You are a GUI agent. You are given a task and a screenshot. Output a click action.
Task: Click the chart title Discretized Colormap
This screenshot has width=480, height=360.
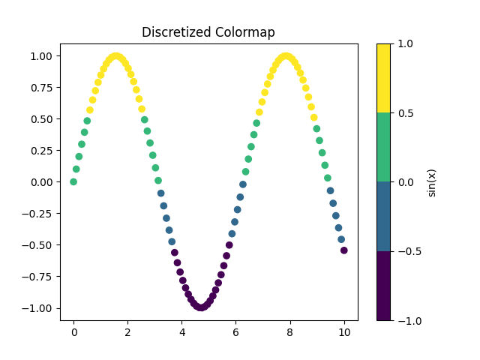(208, 32)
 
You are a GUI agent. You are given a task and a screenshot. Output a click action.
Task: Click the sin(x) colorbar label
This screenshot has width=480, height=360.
(431, 182)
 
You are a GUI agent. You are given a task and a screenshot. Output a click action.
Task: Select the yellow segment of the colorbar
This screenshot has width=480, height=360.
(383, 78)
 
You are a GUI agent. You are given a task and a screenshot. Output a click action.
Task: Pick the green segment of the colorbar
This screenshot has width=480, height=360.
(383, 147)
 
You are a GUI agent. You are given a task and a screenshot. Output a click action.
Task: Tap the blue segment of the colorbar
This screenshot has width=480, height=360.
(383, 217)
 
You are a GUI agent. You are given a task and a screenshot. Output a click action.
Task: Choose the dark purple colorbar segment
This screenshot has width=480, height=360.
(383, 286)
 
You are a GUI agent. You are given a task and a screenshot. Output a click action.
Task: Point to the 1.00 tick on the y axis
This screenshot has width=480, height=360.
(41, 56)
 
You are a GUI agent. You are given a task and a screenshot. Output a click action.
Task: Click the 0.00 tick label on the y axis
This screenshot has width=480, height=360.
(41, 182)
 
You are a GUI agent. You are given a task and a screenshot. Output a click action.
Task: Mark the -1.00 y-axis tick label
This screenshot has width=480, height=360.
(38, 308)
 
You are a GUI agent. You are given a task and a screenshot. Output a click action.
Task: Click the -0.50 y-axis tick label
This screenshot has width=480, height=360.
(38, 245)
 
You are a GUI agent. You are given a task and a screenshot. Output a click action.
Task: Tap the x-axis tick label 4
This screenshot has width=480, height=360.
(182, 332)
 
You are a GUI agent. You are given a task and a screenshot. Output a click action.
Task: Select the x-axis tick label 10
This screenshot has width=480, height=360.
(344, 332)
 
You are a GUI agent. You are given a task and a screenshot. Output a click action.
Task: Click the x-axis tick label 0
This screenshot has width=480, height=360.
(73, 332)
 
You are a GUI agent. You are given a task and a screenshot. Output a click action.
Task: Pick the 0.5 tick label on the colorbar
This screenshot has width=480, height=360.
(404, 113)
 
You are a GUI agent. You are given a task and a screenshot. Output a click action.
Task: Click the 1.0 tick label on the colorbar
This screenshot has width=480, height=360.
(404, 43)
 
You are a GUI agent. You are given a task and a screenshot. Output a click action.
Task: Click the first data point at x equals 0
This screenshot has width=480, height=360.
(73, 181)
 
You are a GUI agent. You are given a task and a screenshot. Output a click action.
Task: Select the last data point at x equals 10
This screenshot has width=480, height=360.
(344, 250)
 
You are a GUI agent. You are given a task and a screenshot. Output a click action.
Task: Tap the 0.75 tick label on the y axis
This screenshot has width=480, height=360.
(41, 88)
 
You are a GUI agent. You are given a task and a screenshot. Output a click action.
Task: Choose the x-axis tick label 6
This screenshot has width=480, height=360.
(236, 332)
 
